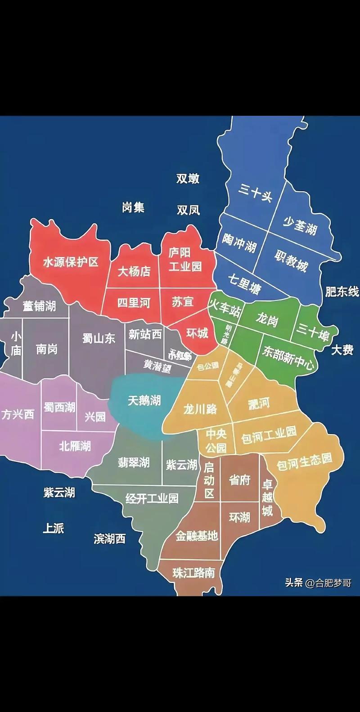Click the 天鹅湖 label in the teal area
[x=144, y=400]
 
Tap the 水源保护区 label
[x=71, y=262]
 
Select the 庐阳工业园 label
[x=185, y=260]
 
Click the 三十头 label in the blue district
[x=256, y=193]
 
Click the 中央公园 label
[x=216, y=441]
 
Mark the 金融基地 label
[x=197, y=536]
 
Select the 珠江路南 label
[x=193, y=573]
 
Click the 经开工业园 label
[x=152, y=498]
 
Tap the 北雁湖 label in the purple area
[x=75, y=446]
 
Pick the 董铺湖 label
[x=40, y=306]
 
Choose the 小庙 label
[x=16, y=343]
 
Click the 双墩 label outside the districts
[x=188, y=179]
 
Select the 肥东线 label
[x=342, y=291]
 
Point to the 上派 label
[x=53, y=528]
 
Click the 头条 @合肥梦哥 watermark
[x=318, y=583]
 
